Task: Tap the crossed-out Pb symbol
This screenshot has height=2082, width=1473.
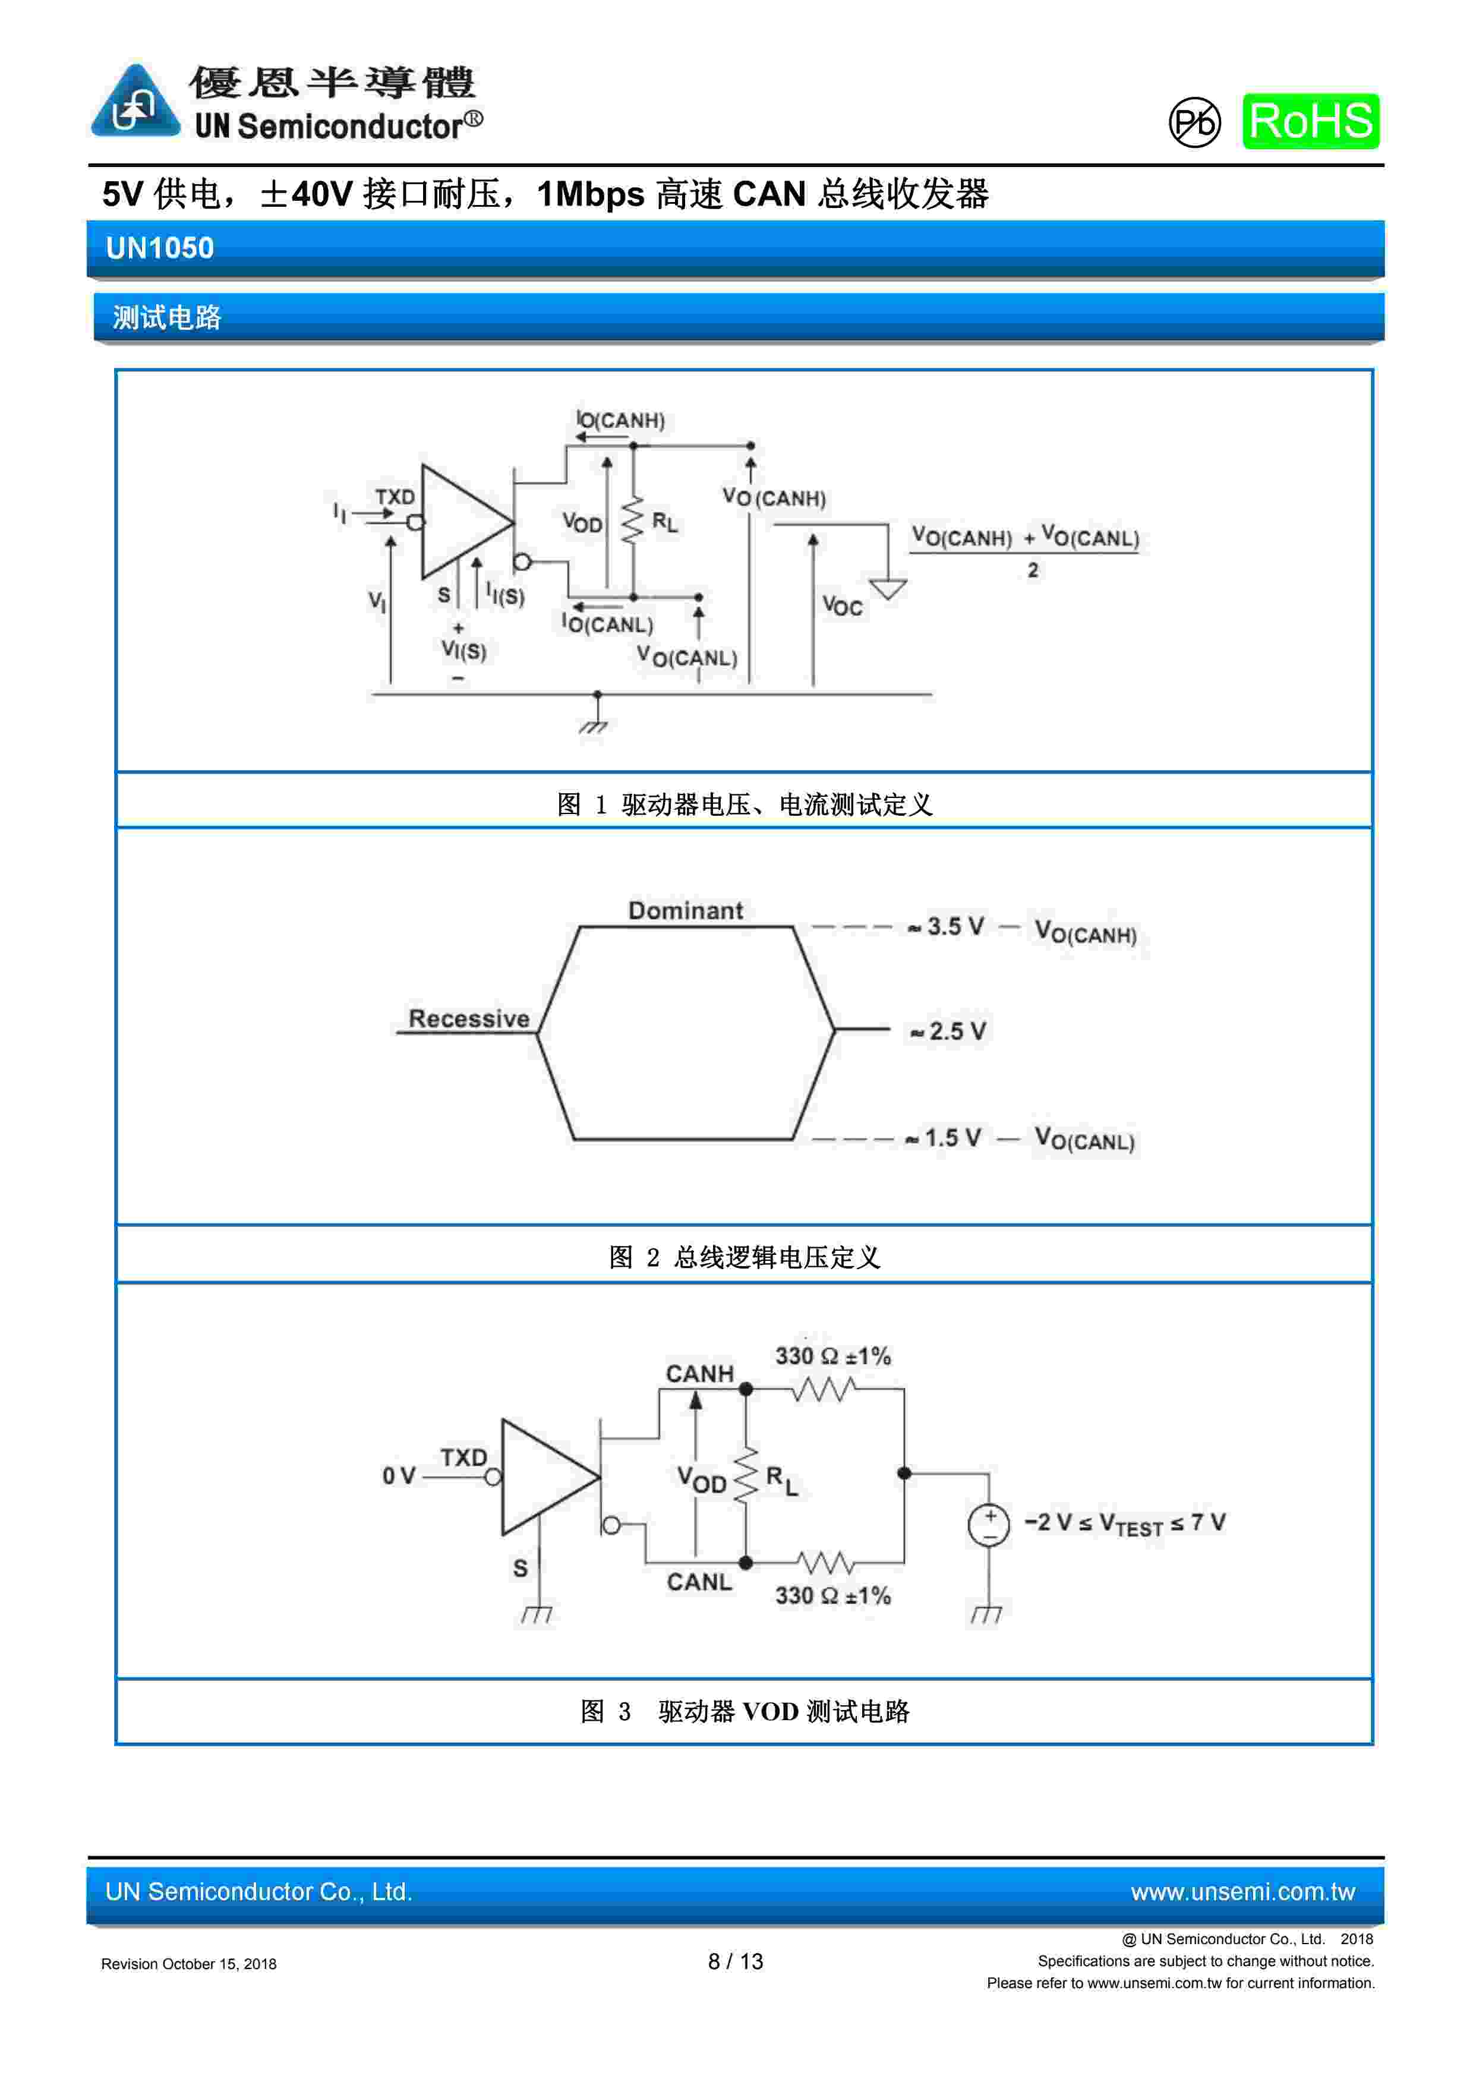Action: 1194,122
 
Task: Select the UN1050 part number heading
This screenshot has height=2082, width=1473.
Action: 160,248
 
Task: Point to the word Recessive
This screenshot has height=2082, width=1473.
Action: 468,1018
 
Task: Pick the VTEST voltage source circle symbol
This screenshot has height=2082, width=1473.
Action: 989,1525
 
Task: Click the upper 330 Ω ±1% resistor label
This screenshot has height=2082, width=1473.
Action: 832,1357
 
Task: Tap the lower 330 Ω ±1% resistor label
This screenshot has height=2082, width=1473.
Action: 832,1596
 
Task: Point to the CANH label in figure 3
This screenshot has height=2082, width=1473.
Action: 699,1374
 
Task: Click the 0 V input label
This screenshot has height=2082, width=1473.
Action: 398,1477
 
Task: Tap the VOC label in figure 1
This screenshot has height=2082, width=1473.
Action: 842,605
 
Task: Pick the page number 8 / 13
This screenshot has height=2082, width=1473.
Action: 736,1961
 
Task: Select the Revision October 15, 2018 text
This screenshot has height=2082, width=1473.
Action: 189,1964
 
